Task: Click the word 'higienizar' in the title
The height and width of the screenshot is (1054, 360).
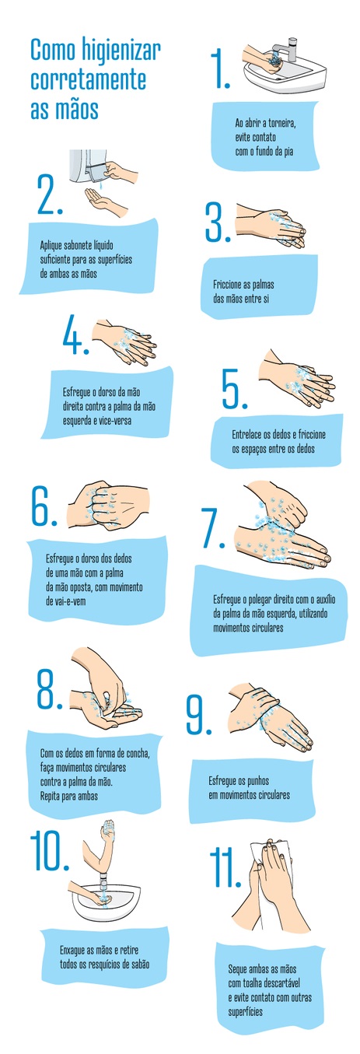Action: point(121,50)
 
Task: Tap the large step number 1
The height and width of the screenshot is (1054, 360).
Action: point(220,70)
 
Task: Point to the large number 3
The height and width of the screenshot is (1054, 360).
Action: point(218,222)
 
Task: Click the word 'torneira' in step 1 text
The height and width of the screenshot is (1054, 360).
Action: point(281,123)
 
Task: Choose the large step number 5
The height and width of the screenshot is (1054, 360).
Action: point(234,389)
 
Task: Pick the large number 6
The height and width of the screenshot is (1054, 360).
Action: point(44,506)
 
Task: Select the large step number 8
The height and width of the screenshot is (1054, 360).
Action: point(49,689)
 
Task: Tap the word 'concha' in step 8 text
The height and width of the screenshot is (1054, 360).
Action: point(137,753)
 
